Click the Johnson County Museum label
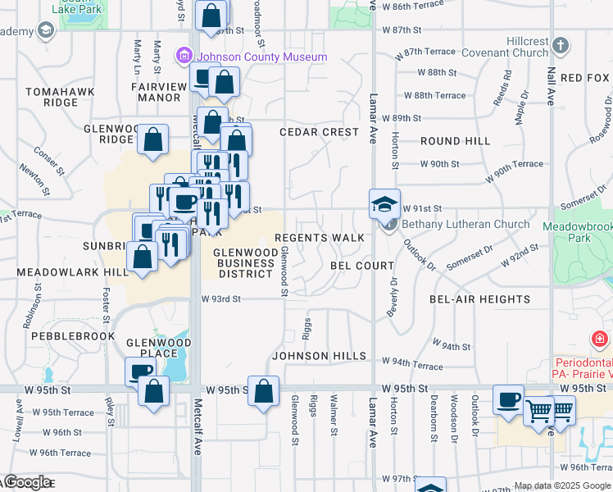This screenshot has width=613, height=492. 260,57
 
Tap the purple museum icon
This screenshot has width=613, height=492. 183,57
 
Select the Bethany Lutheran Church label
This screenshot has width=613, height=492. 466,224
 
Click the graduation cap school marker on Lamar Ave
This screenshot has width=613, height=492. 384,203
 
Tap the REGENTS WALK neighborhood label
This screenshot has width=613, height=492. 320,238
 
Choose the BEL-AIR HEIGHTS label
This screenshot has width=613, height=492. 479,299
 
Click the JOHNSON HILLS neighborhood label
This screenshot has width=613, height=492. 319,356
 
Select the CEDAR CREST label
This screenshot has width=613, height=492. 319,132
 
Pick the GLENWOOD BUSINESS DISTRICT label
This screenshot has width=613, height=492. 244,263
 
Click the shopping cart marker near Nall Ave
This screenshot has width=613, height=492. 538,409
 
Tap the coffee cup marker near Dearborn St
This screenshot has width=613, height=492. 508,399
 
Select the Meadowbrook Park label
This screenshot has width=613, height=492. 577,231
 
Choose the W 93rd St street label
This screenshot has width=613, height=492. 220,299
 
